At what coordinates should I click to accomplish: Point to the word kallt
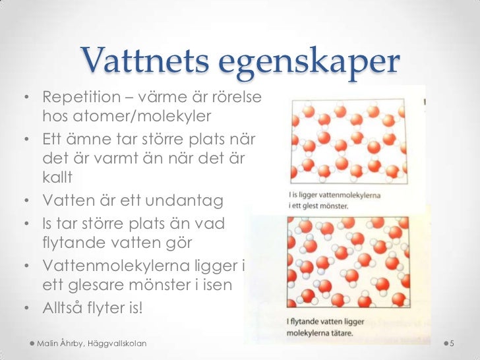coord(58,177)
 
